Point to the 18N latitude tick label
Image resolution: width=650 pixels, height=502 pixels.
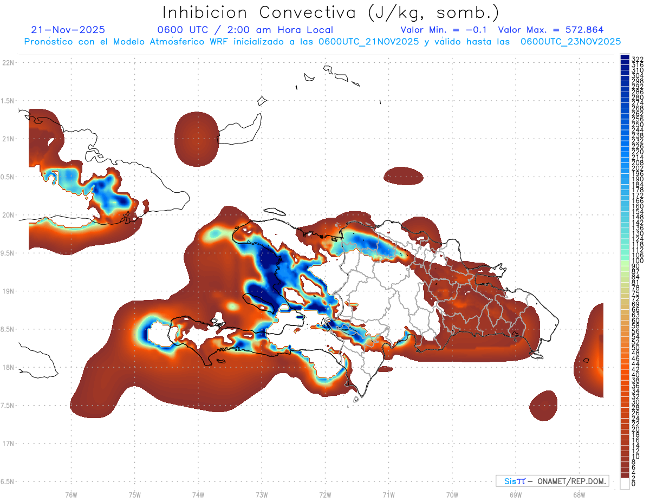point(9,367)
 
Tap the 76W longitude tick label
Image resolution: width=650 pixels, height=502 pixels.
point(71,494)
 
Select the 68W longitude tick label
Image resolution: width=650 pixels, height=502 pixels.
point(578,494)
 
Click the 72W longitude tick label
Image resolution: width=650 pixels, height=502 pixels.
point(325,494)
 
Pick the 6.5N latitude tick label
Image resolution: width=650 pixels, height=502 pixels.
point(8,481)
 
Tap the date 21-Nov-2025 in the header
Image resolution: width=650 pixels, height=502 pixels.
point(68,30)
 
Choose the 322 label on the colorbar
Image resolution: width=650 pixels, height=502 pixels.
point(638,59)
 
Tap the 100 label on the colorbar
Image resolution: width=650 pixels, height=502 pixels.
point(638,260)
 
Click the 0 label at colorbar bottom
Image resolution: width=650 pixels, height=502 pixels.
point(634,484)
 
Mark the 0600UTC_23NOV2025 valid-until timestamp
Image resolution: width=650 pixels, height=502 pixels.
point(570,41)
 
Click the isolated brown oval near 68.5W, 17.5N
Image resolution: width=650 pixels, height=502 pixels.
point(543,405)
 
